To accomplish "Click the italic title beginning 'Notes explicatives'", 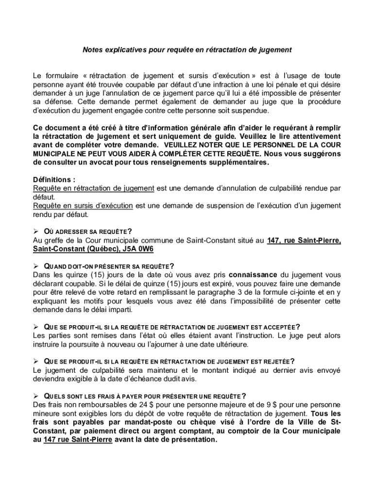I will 187,50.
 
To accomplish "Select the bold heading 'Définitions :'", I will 54,179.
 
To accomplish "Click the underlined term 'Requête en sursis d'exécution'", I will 83,206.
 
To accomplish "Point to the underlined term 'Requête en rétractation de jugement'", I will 93,188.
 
